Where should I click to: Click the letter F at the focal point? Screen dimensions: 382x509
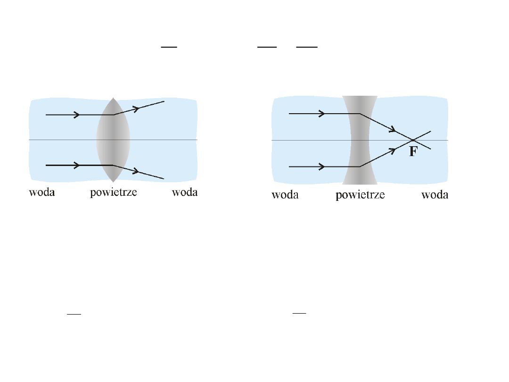click(x=413, y=152)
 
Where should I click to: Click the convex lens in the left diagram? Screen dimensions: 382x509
click(x=113, y=140)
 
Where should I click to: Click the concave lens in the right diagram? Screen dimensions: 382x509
click(x=360, y=140)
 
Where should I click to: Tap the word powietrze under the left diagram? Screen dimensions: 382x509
click(x=114, y=193)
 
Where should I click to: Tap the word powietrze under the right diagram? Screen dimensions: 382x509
click(x=360, y=195)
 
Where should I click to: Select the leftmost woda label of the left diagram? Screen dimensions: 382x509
click(x=42, y=192)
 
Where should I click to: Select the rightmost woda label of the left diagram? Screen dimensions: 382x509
click(x=185, y=192)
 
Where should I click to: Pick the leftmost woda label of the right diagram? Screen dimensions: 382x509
click(x=285, y=195)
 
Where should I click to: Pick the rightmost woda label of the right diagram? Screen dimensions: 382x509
click(x=435, y=195)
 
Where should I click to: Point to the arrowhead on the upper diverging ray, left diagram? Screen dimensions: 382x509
click(x=137, y=108)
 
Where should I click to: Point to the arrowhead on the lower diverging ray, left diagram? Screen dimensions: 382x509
click(x=136, y=171)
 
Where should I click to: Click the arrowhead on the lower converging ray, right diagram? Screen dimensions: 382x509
click(x=392, y=150)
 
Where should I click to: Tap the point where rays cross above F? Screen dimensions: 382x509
click(x=413, y=140)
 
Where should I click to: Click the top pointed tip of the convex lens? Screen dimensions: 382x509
click(x=113, y=98)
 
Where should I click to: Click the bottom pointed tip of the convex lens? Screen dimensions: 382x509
click(x=113, y=182)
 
